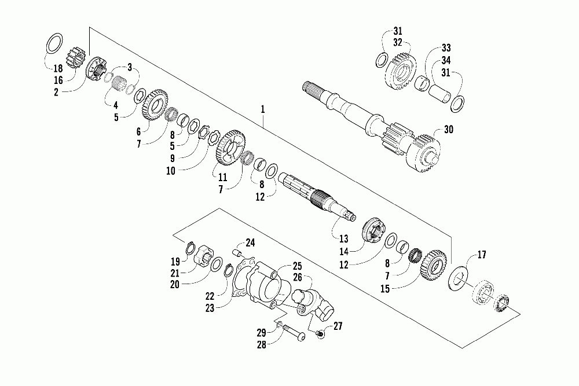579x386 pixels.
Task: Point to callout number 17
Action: click(x=482, y=255)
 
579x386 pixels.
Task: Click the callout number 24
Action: click(x=251, y=242)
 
